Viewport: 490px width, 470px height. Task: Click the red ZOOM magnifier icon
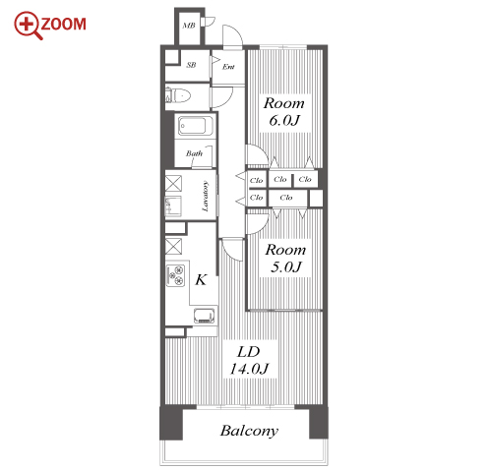[27, 25]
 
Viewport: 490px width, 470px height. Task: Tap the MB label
[189, 26]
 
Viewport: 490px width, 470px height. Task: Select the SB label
[191, 65]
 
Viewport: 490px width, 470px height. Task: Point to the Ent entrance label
[228, 67]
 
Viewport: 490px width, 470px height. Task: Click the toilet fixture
[178, 96]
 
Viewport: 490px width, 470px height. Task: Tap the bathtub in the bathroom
[194, 126]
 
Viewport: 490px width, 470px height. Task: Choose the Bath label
[194, 153]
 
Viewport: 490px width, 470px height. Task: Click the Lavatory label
[205, 196]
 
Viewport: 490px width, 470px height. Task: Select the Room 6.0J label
[284, 112]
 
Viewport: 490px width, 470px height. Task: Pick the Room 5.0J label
[285, 258]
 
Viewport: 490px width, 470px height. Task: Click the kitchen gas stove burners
[176, 274]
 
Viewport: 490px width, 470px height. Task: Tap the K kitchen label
[201, 280]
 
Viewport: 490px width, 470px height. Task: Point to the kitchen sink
[205, 316]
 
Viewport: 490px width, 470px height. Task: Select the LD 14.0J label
[249, 360]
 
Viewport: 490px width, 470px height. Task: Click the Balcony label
[249, 431]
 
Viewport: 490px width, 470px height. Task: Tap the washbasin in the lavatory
[173, 206]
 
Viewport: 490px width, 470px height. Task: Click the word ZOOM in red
[64, 25]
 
